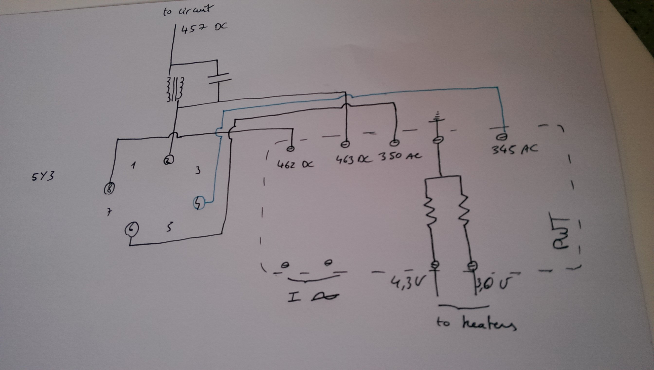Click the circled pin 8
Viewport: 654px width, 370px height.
pyautogui.click(x=109, y=188)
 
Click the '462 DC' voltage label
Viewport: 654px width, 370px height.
pyautogui.click(x=295, y=164)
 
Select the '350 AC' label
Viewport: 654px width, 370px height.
pyautogui.click(x=400, y=156)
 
